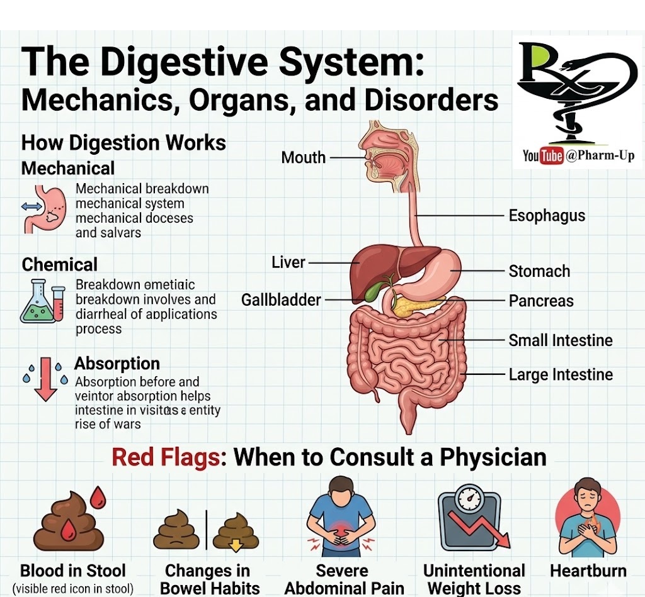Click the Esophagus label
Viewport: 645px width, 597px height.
pyautogui.click(x=547, y=216)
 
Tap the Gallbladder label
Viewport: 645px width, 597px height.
pyautogui.click(x=281, y=300)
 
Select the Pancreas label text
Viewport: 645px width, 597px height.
pyautogui.click(x=541, y=301)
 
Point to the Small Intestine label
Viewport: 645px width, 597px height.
pyautogui.click(x=561, y=340)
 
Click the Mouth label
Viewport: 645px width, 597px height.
pyautogui.click(x=304, y=157)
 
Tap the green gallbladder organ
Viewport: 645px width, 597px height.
pyautogui.click(x=377, y=291)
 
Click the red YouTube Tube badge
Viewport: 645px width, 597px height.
pyautogui.click(x=552, y=155)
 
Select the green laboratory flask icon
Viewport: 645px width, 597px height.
pyautogui.click(x=37, y=306)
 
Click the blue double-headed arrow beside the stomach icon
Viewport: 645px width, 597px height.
pyautogui.click(x=31, y=206)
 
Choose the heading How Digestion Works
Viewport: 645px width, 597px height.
pyautogui.click(x=123, y=142)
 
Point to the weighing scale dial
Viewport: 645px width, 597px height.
pyautogui.click(x=469, y=499)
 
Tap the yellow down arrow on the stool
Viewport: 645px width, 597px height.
pyautogui.click(x=236, y=545)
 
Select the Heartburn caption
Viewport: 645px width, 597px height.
pyautogui.click(x=588, y=571)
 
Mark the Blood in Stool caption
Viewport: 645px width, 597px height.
pyautogui.click(x=73, y=571)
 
